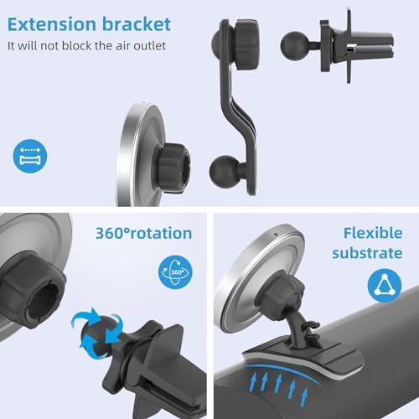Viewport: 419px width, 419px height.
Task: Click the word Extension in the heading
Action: click(x=51, y=24)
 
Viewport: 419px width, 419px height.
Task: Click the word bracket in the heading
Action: click(x=137, y=24)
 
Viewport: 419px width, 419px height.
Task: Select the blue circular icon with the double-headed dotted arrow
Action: click(x=30, y=156)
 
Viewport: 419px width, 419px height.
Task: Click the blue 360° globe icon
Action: click(x=175, y=272)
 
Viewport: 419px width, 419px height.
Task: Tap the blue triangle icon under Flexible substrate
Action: click(x=385, y=286)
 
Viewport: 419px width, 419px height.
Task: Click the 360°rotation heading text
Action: click(x=143, y=233)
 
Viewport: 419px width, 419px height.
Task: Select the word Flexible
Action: click(x=373, y=233)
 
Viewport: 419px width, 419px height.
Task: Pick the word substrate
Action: click(x=367, y=253)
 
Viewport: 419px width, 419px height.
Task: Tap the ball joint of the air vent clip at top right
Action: click(x=295, y=45)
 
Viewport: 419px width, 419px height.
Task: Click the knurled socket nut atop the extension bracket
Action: click(x=246, y=44)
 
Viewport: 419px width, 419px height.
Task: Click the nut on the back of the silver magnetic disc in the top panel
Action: click(x=173, y=168)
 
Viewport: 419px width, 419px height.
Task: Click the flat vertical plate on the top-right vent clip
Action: click(x=349, y=46)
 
